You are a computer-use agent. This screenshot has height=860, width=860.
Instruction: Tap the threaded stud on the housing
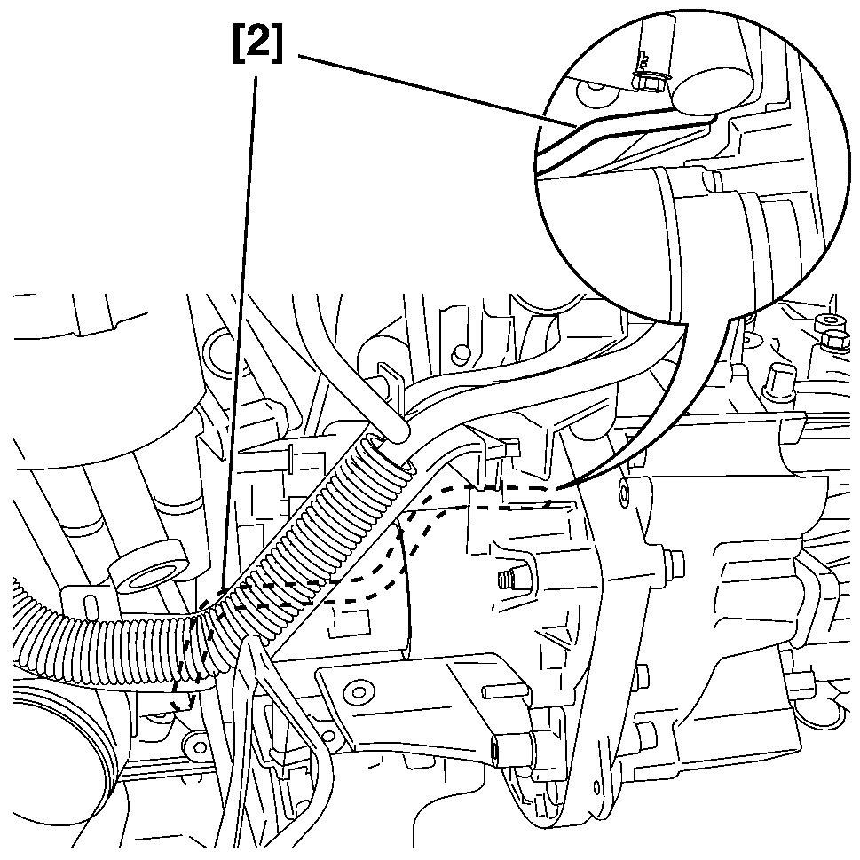click(x=507, y=581)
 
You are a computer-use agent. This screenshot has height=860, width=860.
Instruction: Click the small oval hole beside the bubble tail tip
click(x=627, y=489)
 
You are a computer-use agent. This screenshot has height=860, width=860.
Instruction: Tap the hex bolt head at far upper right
click(x=834, y=339)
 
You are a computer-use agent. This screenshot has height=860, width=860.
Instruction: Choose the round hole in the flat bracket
click(x=359, y=689)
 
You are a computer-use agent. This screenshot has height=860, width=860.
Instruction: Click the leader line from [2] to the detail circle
click(x=426, y=89)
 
